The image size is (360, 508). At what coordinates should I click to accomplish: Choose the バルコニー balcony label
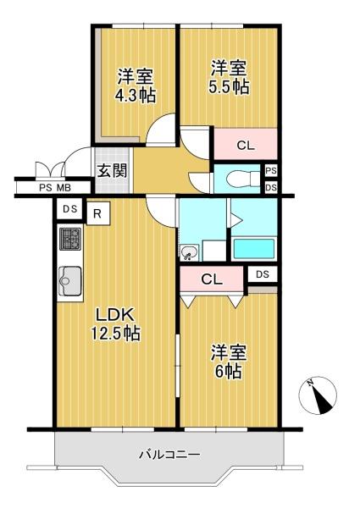[170, 456]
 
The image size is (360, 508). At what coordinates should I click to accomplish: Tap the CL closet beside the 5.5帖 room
[245, 145]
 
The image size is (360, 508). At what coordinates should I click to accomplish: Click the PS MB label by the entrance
[53, 187]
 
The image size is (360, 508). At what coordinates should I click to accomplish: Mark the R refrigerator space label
[97, 213]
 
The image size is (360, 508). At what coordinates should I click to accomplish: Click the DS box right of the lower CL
[263, 273]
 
